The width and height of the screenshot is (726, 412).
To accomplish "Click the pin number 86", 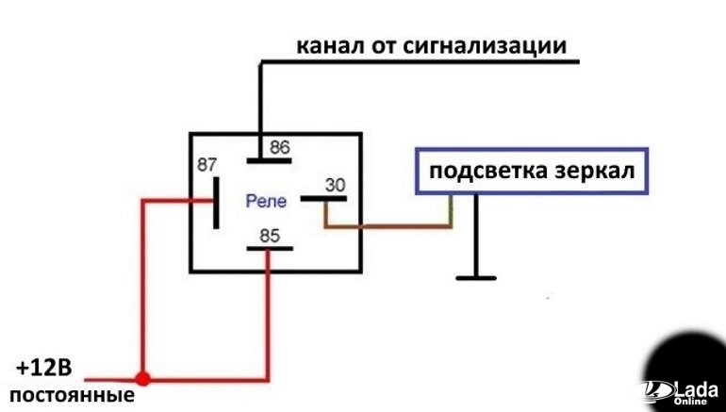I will (280, 147).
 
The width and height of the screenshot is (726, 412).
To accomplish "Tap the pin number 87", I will (206, 164).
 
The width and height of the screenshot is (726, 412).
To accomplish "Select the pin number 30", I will (335, 186).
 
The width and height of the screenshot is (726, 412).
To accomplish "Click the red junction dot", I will (142, 378).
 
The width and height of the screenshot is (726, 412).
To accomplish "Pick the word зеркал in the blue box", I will (591, 172).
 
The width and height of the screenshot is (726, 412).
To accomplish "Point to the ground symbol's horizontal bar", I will (475, 277).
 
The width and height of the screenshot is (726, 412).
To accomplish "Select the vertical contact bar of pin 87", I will (217, 201).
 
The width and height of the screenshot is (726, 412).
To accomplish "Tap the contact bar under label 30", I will (323, 199).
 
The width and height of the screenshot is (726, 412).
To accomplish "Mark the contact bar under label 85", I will (268, 249).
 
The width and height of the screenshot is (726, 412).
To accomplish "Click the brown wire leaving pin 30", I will (387, 226).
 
